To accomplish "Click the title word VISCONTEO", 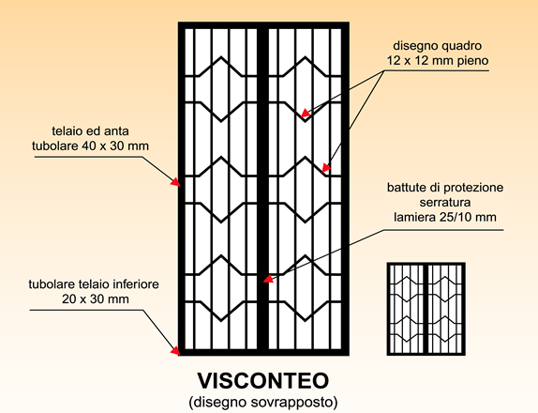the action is (x=263, y=380).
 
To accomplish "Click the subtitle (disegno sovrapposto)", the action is (x=263, y=402).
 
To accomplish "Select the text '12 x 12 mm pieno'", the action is (x=438, y=61).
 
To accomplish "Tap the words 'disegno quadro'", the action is (x=438, y=46).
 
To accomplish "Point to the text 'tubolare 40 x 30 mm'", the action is (x=91, y=146).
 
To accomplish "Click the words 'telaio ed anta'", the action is (x=91, y=130).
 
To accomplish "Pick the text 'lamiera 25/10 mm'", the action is (x=445, y=217).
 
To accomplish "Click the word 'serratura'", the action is (x=445, y=203).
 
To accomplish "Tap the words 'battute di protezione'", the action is (x=445, y=188).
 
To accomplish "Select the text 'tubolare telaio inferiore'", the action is (x=94, y=284).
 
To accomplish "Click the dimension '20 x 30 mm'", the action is (x=96, y=299).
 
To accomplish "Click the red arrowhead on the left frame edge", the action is (x=175, y=182).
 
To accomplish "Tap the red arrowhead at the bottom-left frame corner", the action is (x=175, y=350).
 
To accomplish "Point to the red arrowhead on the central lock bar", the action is (x=268, y=279).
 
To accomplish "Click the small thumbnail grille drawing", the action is (x=426, y=309).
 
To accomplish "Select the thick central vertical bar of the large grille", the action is (x=262, y=189).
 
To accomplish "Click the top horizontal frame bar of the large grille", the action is (x=263, y=25).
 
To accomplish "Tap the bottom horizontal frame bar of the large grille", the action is (x=263, y=352).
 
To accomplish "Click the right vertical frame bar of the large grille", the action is (x=345, y=189).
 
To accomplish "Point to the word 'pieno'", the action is (x=472, y=61).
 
